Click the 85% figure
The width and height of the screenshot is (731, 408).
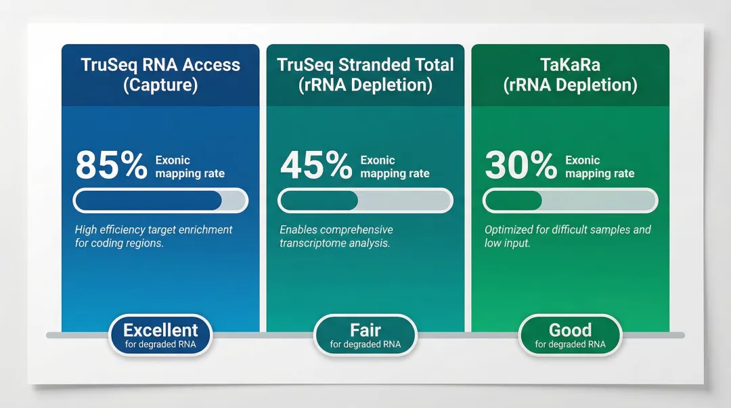[x=111, y=166]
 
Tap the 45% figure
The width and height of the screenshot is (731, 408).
[x=316, y=166]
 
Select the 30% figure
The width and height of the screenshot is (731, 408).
[x=521, y=166]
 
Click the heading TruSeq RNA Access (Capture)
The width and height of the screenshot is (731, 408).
[x=160, y=75]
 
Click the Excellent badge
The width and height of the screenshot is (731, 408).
[x=160, y=335]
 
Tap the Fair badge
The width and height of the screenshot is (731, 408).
[x=365, y=335]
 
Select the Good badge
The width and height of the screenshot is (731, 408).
[x=570, y=335]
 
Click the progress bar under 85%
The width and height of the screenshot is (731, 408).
[x=160, y=201]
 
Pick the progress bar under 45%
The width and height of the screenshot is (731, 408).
[x=365, y=201]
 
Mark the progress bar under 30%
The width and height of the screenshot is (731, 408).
[x=570, y=201]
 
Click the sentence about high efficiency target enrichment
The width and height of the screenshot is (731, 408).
[x=154, y=236]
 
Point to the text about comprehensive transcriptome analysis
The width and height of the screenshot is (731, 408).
[x=336, y=236]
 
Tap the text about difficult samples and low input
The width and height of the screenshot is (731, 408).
[x=567, y=236]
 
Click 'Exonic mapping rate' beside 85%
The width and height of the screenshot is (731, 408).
[x=190, y=167]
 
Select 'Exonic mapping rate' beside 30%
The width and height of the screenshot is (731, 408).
[x=600, y=167]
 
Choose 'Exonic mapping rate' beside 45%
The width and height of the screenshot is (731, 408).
[x=395, y=167]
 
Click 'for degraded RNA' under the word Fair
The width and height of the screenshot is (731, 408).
[x=365, y=344]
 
